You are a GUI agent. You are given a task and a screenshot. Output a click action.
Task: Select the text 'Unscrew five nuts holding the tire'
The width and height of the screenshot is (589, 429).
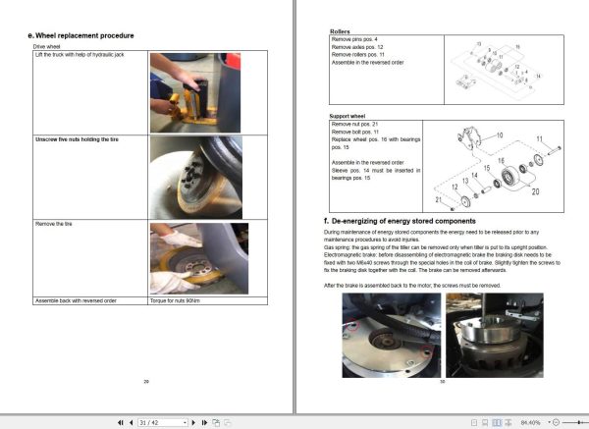point(71,140)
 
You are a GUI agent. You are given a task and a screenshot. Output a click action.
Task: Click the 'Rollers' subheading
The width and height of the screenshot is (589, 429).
point(339,31)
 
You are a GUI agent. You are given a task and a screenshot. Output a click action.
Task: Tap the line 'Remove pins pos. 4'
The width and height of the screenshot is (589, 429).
point(356,38)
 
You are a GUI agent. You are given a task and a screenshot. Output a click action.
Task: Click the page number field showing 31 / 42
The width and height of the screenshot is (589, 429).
point(161,422)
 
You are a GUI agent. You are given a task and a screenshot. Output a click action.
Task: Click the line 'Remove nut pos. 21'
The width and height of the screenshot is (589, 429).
point(356,125)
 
